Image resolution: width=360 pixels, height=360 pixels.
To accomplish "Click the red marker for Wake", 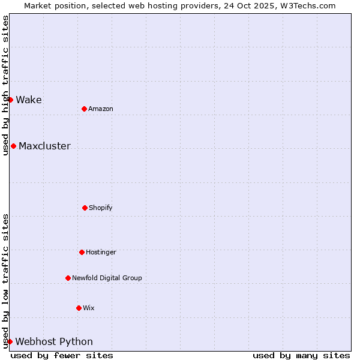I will point(10,100).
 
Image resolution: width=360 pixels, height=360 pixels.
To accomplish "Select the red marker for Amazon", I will point(84,109).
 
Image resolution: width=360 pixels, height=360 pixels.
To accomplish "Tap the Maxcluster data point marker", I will point(13,146).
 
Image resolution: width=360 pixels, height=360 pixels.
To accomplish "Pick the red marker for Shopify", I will point(85,208).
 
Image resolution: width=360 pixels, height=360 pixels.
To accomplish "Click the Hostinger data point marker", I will point(82,252).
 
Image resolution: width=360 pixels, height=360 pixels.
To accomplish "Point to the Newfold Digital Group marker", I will point(68,278).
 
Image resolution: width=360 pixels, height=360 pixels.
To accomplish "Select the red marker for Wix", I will point(79,308).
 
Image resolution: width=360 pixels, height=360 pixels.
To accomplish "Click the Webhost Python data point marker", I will point(10,341).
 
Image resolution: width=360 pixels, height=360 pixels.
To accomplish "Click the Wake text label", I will point(29,100).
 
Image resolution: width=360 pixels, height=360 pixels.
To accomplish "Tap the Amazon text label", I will point(101,109).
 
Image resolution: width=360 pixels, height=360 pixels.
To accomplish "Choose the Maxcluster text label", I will point(44,146).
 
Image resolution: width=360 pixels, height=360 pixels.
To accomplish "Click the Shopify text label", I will point(101,208).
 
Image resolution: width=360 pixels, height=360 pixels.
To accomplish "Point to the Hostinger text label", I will point(101,252).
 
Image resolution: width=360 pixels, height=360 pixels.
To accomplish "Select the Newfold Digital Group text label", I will point(107,278).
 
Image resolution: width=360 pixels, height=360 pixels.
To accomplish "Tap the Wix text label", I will point(89,308).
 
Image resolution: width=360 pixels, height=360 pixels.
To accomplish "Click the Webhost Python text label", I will point(54,341).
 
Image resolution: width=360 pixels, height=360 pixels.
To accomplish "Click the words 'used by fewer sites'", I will point(62,355).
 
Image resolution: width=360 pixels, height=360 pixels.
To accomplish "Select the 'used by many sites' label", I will point(301,355).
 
